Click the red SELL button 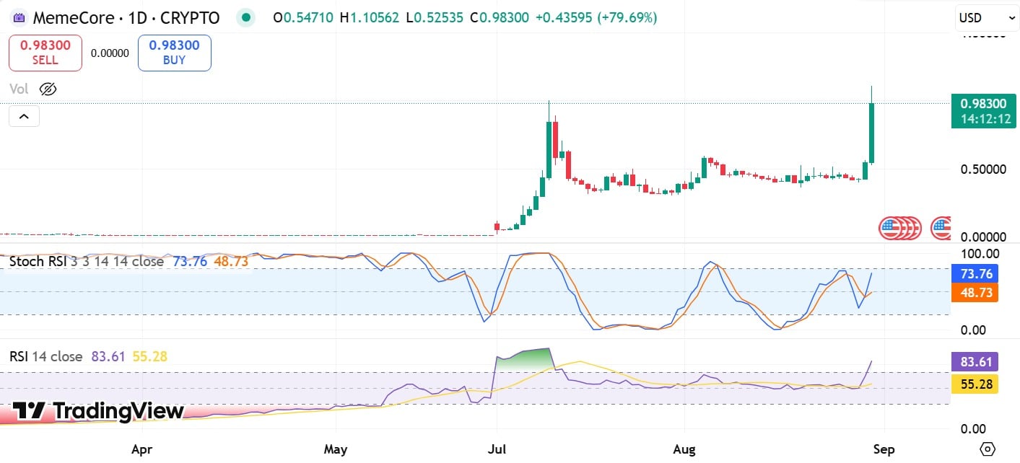pyautogui.click(x=45, y=53)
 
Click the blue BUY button pyautogui.click(x=174, y=53)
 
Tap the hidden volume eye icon pyautogui.click(x=48, y=89)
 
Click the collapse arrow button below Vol pyautogui.click(x=24, y=116)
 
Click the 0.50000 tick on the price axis pyautogui.click(x=983, y=169)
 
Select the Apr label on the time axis pyautogui.click(x=142, y=449)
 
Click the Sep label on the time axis pyautogui.click(x=884, y=449)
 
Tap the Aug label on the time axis pyautogui.click(x=684, y=449)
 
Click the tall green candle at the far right pyautogui.click(x=872, y=133)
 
